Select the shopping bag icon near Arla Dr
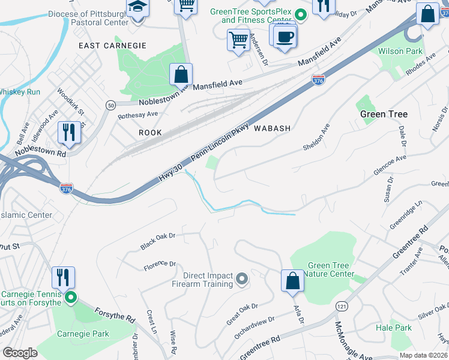tap(292, 281)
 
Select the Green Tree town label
tap(384, 114)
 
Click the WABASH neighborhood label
tap(272, 128)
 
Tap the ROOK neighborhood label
tap(150, 132)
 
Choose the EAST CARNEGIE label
tap(113, 46)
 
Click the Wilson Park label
tap(400, 52)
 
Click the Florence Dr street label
tap(159, 264)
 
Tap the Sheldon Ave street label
tap(316, 138)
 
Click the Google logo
tap(20, 353)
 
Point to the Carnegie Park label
tap(83, 334)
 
